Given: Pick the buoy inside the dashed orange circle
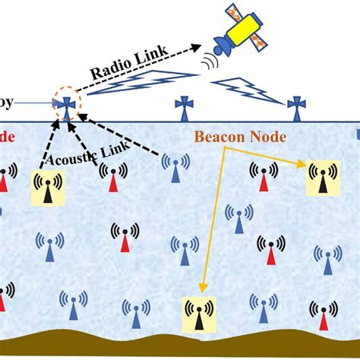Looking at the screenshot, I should coord(68,106).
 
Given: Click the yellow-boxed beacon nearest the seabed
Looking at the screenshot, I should coord(198,315).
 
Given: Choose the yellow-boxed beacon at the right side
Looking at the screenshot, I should coord(322,177).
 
